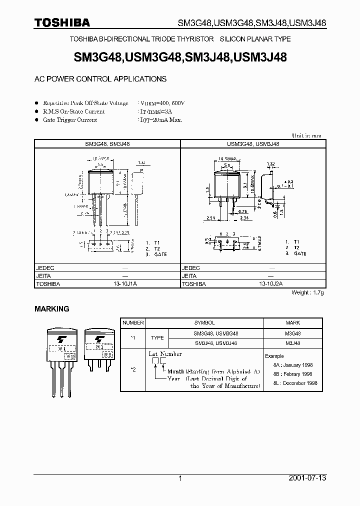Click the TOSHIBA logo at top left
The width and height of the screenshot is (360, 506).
[62, 22]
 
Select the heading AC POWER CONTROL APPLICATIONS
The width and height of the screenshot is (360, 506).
[100, 79]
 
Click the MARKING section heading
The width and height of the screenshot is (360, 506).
[51, 309]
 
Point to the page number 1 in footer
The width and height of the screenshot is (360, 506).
[180, 478]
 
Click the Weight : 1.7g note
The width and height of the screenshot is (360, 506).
[307, 292]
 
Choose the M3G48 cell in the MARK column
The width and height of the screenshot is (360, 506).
[292, 333]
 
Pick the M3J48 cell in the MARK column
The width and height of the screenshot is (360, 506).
[292, 343]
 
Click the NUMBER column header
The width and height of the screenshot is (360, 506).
[133, 323]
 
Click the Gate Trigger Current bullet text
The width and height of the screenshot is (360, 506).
[70, 120]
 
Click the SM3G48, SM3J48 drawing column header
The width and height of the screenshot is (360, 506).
[107, 143]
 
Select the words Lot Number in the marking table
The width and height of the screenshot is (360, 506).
[165, 354]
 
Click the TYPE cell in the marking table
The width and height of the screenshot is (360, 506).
[157, 338]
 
